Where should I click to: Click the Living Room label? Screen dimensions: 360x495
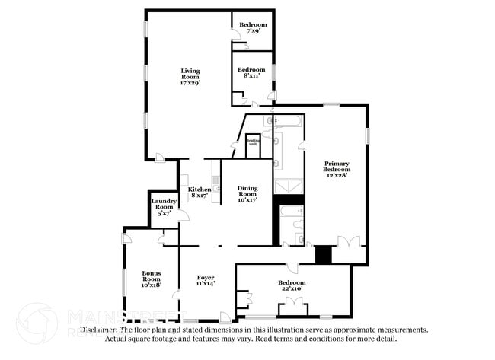[190, 77]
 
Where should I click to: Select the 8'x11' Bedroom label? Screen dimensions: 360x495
[254, 72]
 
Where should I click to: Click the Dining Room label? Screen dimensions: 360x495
[247, 193]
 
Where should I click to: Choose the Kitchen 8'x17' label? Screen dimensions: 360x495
[199, 193]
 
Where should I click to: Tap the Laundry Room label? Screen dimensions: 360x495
[164, 206]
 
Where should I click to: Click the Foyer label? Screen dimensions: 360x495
[206, 280]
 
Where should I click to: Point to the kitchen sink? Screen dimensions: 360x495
[217, 183]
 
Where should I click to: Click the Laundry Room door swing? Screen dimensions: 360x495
[182, 215]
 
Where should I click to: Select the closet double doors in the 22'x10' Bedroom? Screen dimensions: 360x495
[291, 309]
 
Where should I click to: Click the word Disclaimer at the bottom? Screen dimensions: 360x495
[98, 330]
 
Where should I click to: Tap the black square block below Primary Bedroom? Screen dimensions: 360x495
[324, 254]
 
